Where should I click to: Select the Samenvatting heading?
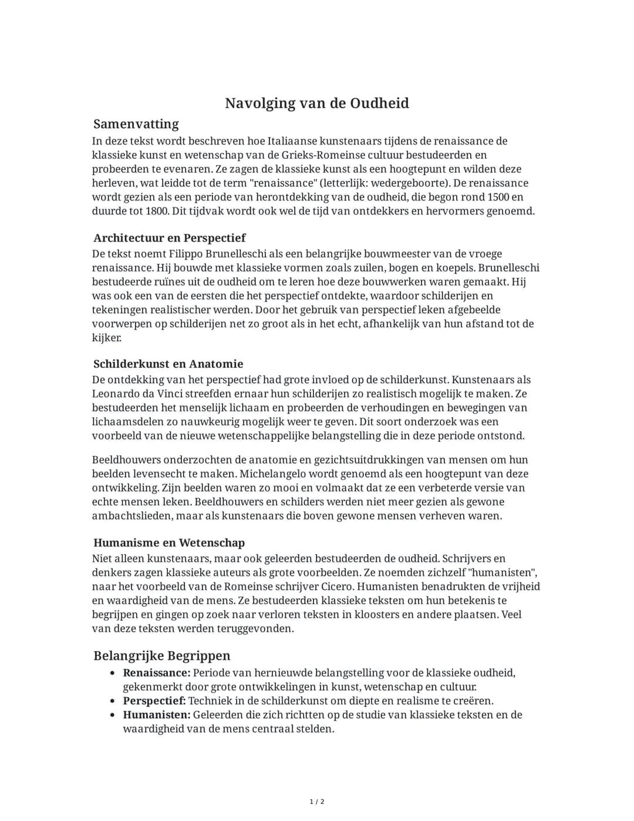pos(136,124)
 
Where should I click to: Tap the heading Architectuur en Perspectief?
pos(169,238)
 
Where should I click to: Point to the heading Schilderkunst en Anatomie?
pos(168,364)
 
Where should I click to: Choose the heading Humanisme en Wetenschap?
pos(169,543)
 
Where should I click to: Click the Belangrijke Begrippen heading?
pos(161,656)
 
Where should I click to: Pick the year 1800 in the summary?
pos(157,211)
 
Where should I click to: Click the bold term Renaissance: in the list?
pos(156,673)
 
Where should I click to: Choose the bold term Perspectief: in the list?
pos(154,701)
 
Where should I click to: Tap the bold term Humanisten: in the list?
pos(156,715)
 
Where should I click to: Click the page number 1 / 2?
pos(317,802)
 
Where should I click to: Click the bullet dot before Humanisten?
pos(112,715)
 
